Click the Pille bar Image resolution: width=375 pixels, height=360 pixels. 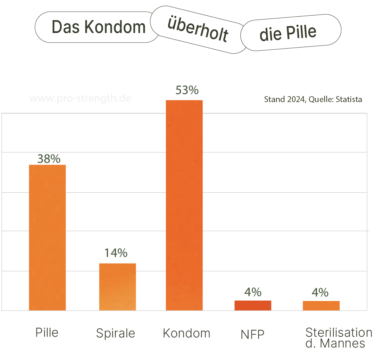pyautogui.click(x=47, y=237)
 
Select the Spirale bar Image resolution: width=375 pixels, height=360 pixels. pyautogui.click(x=117, y=287)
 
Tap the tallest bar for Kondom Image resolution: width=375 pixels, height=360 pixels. pyautogui.click(x=184, y=205)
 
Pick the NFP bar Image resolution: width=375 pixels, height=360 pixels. pyautogui.click(x=253, y=305)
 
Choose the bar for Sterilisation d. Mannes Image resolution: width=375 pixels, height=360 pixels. pyautogui.click(x=321, y=305)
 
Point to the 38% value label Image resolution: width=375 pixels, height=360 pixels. pyautogui.click(x=49, y=159)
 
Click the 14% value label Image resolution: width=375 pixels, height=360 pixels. pyautogui.click(x=116, y=253)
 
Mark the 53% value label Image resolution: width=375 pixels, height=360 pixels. pyautogui.click(x=187, y=90)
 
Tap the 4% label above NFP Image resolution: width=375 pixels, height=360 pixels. pyautogui.click(x=253, y=292)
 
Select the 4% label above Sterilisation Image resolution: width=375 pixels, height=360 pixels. pyautogui.click(x=320, y=292)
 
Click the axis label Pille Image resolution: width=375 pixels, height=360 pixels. pyautogui.click(x=47, y=332)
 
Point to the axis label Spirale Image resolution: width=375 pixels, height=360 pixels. pyautogui.click(x=116, y=333)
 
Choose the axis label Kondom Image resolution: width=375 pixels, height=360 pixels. pyautogui.click(x=186, y=333)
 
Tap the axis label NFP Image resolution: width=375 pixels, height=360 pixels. pyautogui.click(x=252, y=335)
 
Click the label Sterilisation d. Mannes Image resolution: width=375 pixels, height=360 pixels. pyautogui.click(x=338, y=338)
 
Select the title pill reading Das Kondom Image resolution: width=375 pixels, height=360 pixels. pyautogui.click(x=98, y=27)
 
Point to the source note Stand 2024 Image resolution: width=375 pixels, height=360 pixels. pyautogui.click(x=313, y=100)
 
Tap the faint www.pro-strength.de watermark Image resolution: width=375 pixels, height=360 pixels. pyautogui.click(x=81, y=98)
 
